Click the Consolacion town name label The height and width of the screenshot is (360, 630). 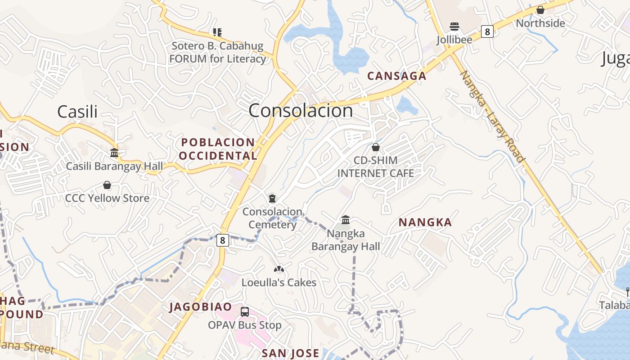pos(301,111)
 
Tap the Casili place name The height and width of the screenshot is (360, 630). pos(77,112)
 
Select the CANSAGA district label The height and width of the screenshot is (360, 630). pos(396,76)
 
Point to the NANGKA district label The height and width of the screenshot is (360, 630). pos(425,222)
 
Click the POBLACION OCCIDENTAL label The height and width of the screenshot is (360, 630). pos(218,149)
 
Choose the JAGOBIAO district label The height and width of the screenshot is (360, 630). pos(201,307)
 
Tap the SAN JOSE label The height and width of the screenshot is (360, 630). pos(291,353)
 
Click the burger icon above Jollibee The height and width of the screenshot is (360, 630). pos(454,27)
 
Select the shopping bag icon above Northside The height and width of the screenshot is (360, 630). pos(540,10)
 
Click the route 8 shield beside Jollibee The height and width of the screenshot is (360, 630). pos(487,31)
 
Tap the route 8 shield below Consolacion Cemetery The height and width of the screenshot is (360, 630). pos(222,240)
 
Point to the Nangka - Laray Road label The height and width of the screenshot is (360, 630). pos(493,116)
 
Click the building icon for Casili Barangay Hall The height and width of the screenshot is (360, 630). pos(114,153)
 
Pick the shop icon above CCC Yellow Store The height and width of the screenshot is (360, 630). pos(107,185)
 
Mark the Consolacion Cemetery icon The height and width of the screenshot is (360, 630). pos(272,198)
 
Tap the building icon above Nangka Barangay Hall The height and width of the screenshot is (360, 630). pos(346,220)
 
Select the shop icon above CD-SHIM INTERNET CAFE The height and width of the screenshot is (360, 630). pos(376,147)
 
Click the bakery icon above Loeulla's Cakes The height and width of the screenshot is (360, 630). pos(279,269)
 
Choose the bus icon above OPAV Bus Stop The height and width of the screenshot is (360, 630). pos(245,311)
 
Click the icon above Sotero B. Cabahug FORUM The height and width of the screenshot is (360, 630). pos(217,32)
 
